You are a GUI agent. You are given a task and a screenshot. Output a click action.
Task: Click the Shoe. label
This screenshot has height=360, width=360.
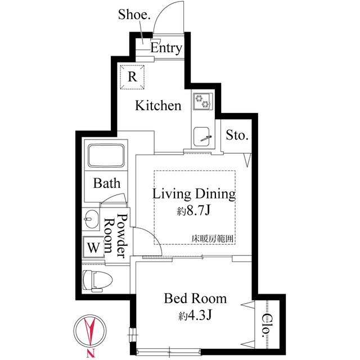coord(134,14)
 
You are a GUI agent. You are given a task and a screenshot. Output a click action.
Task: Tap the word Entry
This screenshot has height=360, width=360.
coord(166,48)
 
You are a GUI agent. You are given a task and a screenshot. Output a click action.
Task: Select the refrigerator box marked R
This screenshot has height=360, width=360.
coord(132,76)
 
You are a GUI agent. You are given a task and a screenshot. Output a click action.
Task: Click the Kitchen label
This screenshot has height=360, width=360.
coord(159,105)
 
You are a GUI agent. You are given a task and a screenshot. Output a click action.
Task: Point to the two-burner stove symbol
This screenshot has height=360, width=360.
coord(202,102)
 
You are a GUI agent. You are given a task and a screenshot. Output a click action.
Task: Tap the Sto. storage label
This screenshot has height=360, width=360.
coord(237,135)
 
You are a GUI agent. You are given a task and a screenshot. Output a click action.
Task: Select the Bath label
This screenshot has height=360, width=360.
coord(107,183)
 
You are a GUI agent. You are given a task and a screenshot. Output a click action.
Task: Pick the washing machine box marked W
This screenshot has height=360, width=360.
coord(92,246)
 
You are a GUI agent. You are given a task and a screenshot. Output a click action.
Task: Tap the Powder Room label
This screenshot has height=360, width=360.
coord(115,237)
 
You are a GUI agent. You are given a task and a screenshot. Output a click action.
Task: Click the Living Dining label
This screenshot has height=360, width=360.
coord(194,195)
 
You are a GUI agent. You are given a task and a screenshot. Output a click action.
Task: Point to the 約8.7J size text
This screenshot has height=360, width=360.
coord(194,212)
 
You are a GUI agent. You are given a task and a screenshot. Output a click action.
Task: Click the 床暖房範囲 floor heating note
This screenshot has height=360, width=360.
coord(212,238)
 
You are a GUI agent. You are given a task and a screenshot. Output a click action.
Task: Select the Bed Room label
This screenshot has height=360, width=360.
coord(195,298)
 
